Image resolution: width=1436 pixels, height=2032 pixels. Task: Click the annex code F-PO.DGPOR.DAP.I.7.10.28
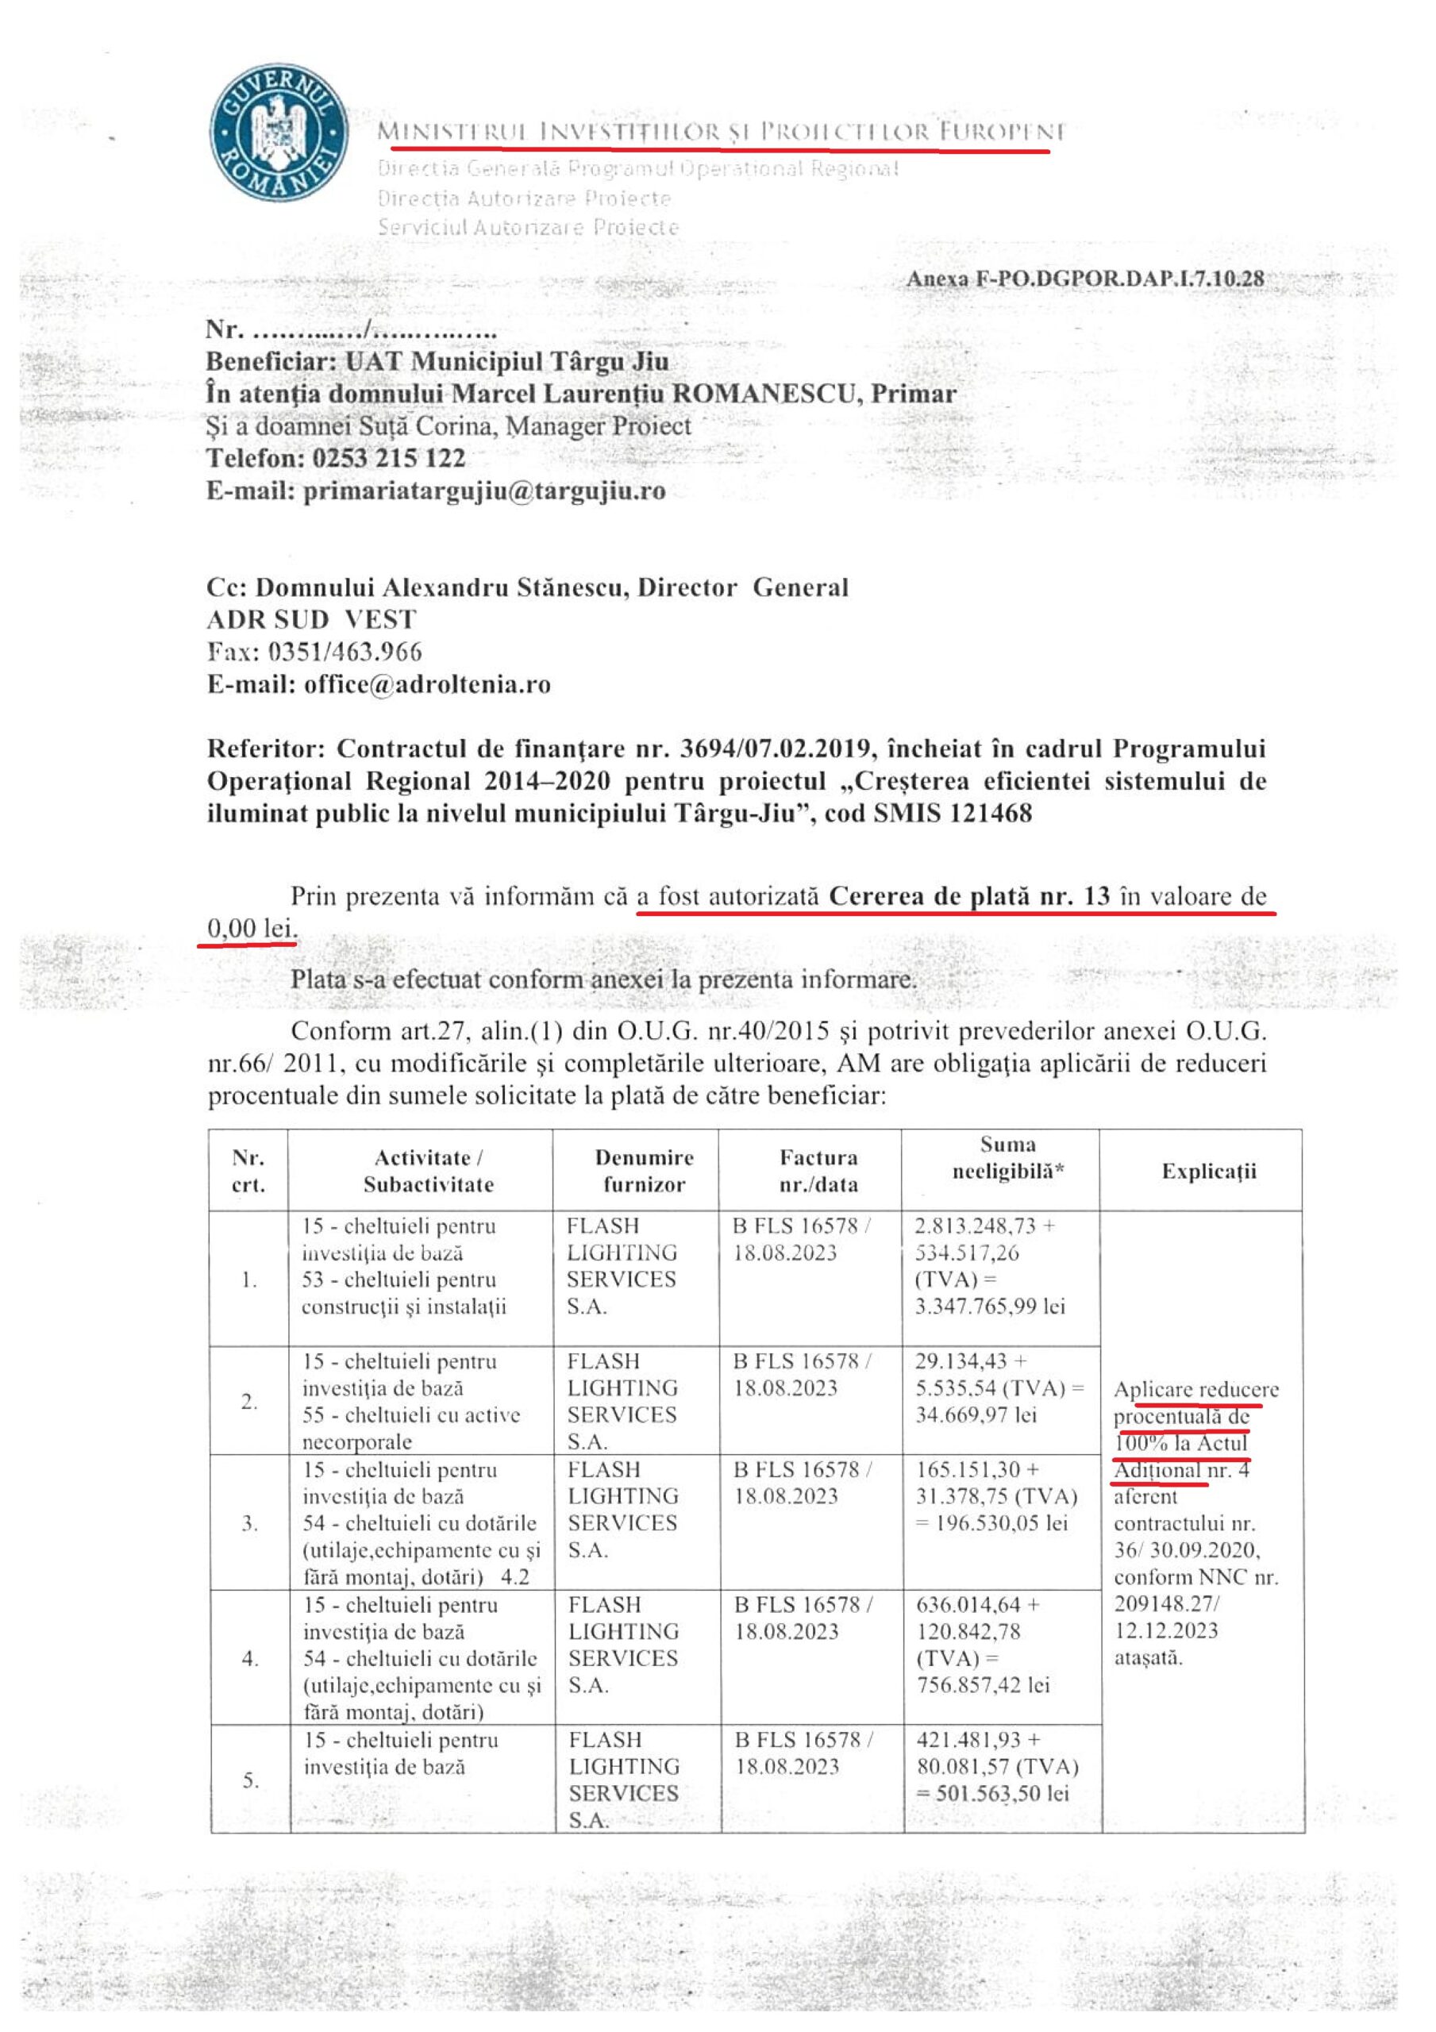click(1084, 279)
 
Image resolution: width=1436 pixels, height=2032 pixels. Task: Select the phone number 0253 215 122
click(389, 459)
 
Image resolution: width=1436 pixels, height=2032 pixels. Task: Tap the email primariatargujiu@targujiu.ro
click(484, 491)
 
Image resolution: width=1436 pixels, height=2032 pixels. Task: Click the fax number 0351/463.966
click(345, 652)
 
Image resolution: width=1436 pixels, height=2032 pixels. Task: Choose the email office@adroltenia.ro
click(427, 684)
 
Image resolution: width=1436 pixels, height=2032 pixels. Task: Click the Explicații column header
click(1208, 1171)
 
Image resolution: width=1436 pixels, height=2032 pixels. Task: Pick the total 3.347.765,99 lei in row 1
click(990, 1307)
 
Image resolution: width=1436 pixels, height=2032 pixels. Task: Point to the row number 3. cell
click(250, 1523)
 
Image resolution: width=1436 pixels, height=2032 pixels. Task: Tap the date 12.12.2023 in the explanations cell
click(1166, 1630)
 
